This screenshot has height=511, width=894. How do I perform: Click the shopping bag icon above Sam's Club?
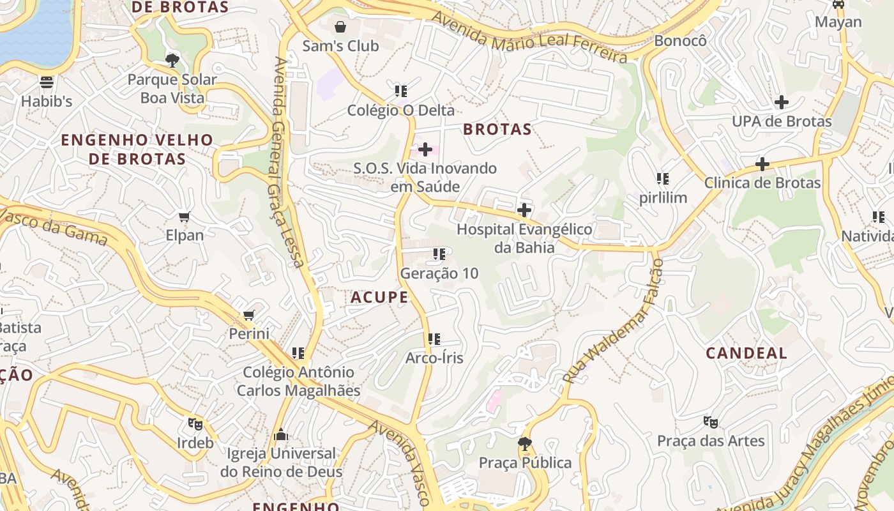[340, 27]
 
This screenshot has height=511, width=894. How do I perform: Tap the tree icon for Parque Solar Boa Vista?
[172, 61]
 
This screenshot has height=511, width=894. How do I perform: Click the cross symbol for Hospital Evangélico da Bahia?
[524, 210]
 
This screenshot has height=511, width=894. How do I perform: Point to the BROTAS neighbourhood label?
[497, 129]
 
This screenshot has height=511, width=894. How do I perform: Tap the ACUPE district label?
[379, 297]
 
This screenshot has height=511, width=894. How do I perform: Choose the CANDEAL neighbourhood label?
[746, 353]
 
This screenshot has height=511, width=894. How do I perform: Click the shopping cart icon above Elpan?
[185, 217]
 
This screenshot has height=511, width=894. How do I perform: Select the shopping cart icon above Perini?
[249, 315]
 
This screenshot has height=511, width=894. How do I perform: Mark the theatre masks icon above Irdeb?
[195, 423]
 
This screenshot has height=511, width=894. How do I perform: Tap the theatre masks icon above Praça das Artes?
[710, 422]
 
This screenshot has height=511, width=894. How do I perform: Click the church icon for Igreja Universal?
[280, 435]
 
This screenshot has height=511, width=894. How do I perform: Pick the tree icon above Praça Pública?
[525, 443]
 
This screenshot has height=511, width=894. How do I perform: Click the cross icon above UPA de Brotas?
[781, 102]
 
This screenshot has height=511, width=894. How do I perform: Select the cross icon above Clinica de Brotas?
[762, 164]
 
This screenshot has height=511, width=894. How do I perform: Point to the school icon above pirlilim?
[663, 179]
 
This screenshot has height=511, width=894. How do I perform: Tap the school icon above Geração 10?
[439, 254]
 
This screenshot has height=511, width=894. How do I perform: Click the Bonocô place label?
[681, 40]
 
